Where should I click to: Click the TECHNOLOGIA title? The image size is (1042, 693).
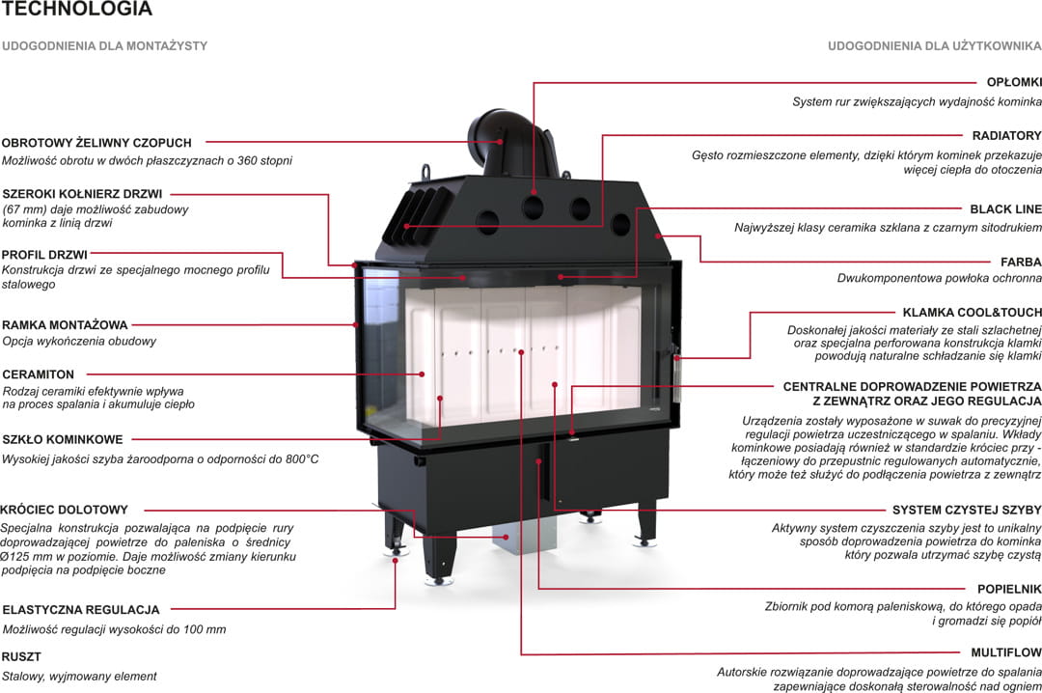(x=76, y=10)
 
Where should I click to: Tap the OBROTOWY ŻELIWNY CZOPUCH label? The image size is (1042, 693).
(x=96, y=143)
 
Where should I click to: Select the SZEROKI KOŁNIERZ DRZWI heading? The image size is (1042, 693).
(x=82, y=194)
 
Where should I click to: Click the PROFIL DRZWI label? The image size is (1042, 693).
(x=45, y=255)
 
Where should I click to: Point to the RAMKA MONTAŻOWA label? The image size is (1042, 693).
(x=65, y=325)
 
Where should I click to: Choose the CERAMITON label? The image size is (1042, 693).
(x=39, y=374)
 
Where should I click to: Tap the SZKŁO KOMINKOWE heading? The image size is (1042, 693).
(x=62, y=440)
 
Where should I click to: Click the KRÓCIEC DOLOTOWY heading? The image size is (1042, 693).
(x=64, y=510)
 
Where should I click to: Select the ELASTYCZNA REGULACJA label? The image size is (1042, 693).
(x=81, y=610)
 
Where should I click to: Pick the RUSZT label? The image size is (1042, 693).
(x=22, y=657)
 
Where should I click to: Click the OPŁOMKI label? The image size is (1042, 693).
(x=1013, y=83)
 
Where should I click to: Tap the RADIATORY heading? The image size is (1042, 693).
(x=1006, y=136)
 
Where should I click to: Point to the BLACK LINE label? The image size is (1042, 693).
(x=1005, y=208)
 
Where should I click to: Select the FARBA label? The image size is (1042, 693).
(x=1021, y=262)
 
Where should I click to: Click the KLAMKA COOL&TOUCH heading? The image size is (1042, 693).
(x=972, y=313)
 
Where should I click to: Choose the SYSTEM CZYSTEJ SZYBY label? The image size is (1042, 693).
(x=967, y=510)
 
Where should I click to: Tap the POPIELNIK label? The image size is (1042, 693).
(x=1009, y=588)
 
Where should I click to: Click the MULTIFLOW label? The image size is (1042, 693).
(x=1006, y=652)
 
